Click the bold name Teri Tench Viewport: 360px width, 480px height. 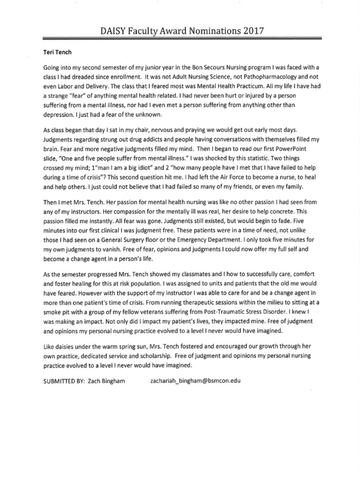[55, 52]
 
